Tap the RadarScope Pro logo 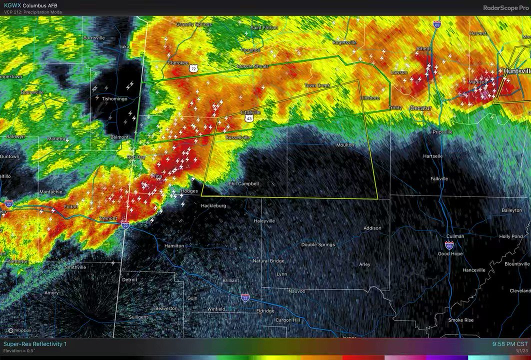click(x=505, y=7)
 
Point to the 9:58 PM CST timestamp click(x=509, y=344)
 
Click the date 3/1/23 click(x=521, y=351)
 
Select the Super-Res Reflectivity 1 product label click(x=35, y=344)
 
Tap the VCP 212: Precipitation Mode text click(x=32, y=12)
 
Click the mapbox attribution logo click(x=19, y=330)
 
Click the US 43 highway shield click(x=249, y=118)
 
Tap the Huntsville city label click(x=516, y=71)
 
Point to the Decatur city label click(x=420, y=108)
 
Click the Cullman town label click(x=454, y=236)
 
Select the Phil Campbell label click(x=243, y=183)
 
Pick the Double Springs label click(x=317, y=244)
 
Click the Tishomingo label click(x=114, y=98)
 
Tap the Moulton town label click(x=345, y=145)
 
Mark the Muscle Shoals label click(x=252, y=66)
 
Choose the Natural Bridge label click(x=268, y=261)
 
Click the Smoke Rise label click(x=460, y=320)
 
